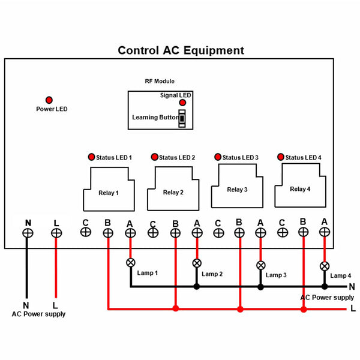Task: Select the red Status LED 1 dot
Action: coord(92,157)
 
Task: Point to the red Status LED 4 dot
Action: coord(280,157)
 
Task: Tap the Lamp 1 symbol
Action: coord(130,263)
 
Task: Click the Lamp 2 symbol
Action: coord(196,263)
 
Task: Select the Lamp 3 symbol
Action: coord(260,265)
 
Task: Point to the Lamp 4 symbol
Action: coord(325,265)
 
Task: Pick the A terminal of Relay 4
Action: coord(325,232)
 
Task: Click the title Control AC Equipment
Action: coord(181,51)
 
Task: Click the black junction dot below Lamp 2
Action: coord(196,287)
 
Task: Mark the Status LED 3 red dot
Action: coord(217,157)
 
